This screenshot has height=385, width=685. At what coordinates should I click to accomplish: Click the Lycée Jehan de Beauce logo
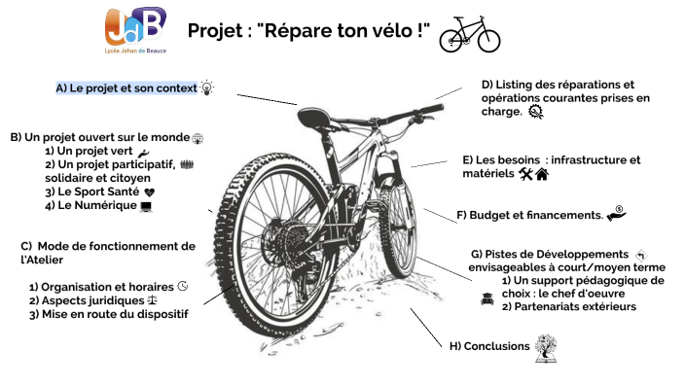[x=135, y=32]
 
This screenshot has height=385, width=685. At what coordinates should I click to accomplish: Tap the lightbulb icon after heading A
[x=206, y=87]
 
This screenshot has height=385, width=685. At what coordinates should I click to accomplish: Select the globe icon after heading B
[x=198, y=138]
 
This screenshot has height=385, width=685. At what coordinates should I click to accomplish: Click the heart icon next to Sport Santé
[x=149, y=192]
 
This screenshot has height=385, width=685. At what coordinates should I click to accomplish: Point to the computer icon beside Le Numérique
[x=146, y=206]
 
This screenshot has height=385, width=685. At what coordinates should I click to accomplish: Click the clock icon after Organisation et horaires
[x=182, y=287]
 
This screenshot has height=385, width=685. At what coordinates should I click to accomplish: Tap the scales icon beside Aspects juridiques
[x=151, y=301]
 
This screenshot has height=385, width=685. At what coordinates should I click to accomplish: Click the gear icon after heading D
[x=535, y=112]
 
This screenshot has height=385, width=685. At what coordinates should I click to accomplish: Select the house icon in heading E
[x=542, y=174]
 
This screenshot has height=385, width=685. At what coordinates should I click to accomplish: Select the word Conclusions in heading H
[x=496, y=346]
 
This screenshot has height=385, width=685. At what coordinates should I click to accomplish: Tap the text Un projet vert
[x=89, y=152]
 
